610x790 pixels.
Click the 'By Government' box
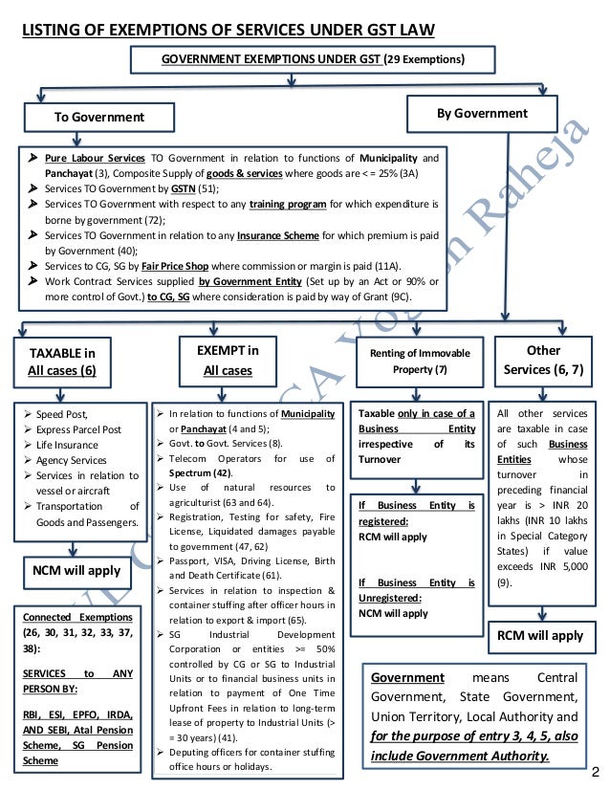[482, 114]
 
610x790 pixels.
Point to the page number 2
[597, 771]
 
